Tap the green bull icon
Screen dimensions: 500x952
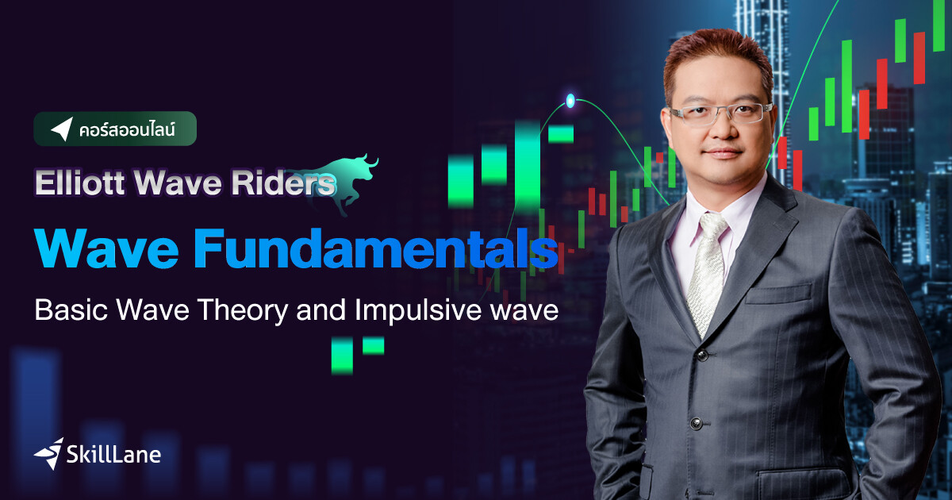pyautogui.click(x=350, y=182)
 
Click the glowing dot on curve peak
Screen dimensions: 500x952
pyautogui.click(x=570, y=100)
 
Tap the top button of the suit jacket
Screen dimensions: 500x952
pyautogui.click(x=701, y=355)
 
